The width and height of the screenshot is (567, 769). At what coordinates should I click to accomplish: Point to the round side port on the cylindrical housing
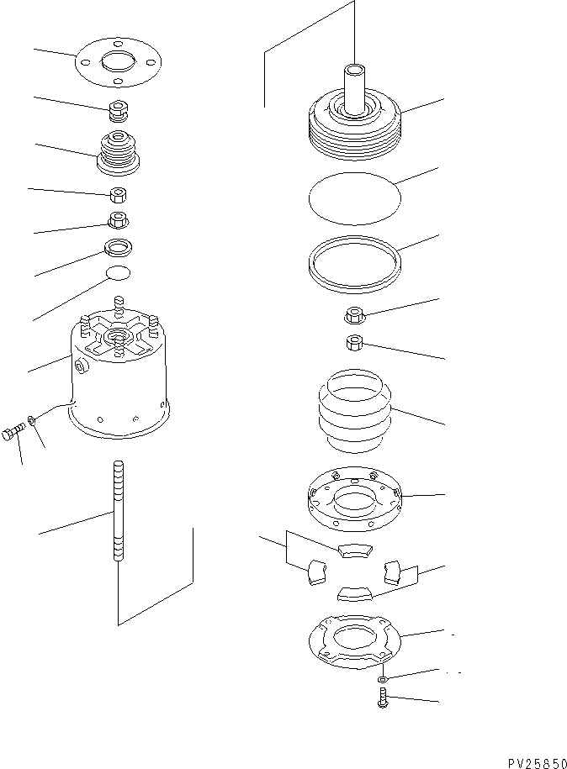(80, 366)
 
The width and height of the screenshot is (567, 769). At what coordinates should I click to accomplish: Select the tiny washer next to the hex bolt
(31, 419)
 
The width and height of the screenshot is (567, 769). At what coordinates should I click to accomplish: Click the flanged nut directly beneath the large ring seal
(354, 317)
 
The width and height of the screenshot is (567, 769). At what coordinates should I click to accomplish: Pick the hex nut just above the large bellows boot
(354, 343)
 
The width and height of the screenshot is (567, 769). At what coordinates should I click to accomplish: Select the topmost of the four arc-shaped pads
(353, 550)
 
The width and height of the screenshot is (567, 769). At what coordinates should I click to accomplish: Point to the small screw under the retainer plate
(382, 698)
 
